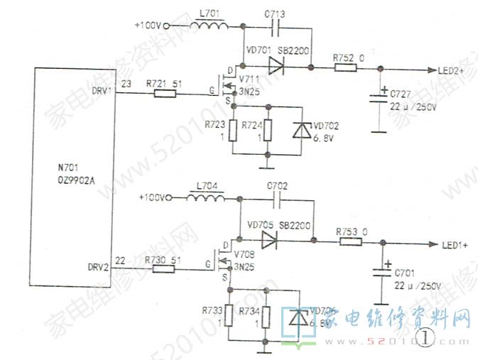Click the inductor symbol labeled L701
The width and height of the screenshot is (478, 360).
[211, 27]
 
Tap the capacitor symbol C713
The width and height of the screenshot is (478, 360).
[278, 27]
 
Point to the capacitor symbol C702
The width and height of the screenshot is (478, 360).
[277, 198]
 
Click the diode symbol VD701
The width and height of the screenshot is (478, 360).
[278, 69]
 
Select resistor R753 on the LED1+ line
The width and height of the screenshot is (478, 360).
[351, 242]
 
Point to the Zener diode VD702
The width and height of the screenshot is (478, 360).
[302, 133]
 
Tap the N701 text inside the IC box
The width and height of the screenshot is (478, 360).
[69, 170]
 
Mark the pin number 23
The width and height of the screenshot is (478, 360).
[126, 84]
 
